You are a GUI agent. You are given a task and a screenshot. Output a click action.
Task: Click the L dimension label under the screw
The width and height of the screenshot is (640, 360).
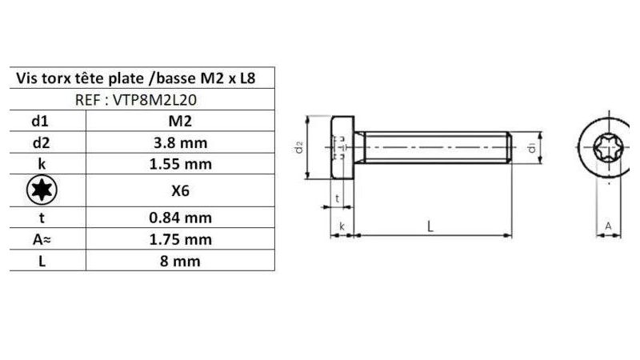[x=430, y=226]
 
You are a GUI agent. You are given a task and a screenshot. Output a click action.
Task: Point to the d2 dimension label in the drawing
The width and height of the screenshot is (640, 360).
[x=298, y=148]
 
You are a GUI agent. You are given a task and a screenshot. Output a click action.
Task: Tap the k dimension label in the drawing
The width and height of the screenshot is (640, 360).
[x=342, y=227]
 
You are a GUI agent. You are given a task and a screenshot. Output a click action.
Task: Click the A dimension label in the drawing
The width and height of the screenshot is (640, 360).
[x=607, y=226]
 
